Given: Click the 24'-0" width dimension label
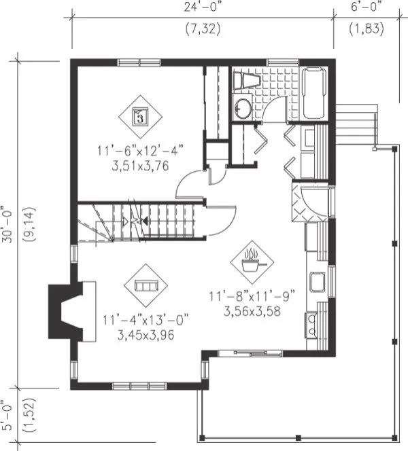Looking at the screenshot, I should tap(202, 7).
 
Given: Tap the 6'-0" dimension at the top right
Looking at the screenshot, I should tap(366, 7).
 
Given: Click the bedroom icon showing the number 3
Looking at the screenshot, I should tap(139, 116).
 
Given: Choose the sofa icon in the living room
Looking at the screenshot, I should tap(146, 286).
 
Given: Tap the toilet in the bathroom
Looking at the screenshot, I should tap(245, 81).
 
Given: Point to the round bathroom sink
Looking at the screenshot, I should tap(242, 108).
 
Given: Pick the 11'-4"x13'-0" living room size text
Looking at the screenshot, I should tap(144, 320).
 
